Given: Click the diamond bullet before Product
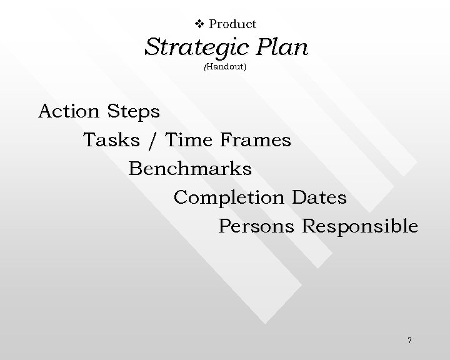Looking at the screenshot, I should pyautogui.click(x=200, y=24).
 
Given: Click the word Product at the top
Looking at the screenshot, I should pyautogui.click(x=232, y=24).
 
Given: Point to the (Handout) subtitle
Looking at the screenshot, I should pyautogui.click(x=226, y=66).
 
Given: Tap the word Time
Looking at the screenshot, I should pyautogui.click(x=189, y=140).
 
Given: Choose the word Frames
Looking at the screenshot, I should pyautogui.click(x=256, y=140).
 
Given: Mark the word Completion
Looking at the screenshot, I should pyautogui.click(x=229, y=197).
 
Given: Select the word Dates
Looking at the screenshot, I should pyautogui.click(x=319, y=197).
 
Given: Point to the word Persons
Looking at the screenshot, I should pyautogui.click(x=256, y=226).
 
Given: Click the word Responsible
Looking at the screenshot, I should pyautogui.click(x=360, y=226).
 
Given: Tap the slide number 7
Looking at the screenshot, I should pyautogui.click(x=409, y=341).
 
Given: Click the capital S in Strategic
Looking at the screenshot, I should pyautogui.click(x=152, y=47).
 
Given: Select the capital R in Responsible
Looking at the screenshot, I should pyautogui.click(x=308, y=226).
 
